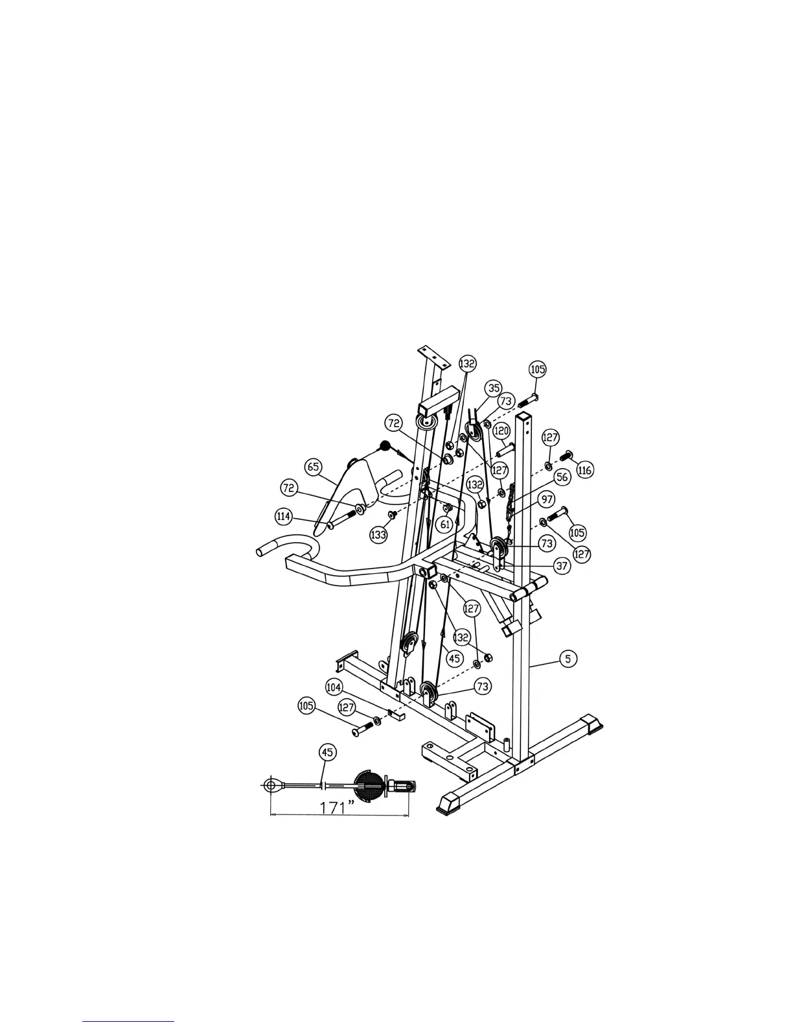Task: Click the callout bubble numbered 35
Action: pos(494,388)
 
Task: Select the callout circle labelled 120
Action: pos(501,430)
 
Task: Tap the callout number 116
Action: pos(584,470)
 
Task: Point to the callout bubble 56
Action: pos(562,477)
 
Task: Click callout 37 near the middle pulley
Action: pos(562,566)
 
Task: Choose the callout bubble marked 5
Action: pos(568,659)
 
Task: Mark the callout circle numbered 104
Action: pos(334,687)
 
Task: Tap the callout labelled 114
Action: pos(283,517)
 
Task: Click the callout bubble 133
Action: pos(378,535)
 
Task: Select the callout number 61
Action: pos(445,523)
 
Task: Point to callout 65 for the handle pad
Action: pos(314,466)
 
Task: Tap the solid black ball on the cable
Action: pos(385,446)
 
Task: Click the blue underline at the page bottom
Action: pos(128,1022)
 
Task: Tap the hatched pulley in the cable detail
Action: pos(368,786)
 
